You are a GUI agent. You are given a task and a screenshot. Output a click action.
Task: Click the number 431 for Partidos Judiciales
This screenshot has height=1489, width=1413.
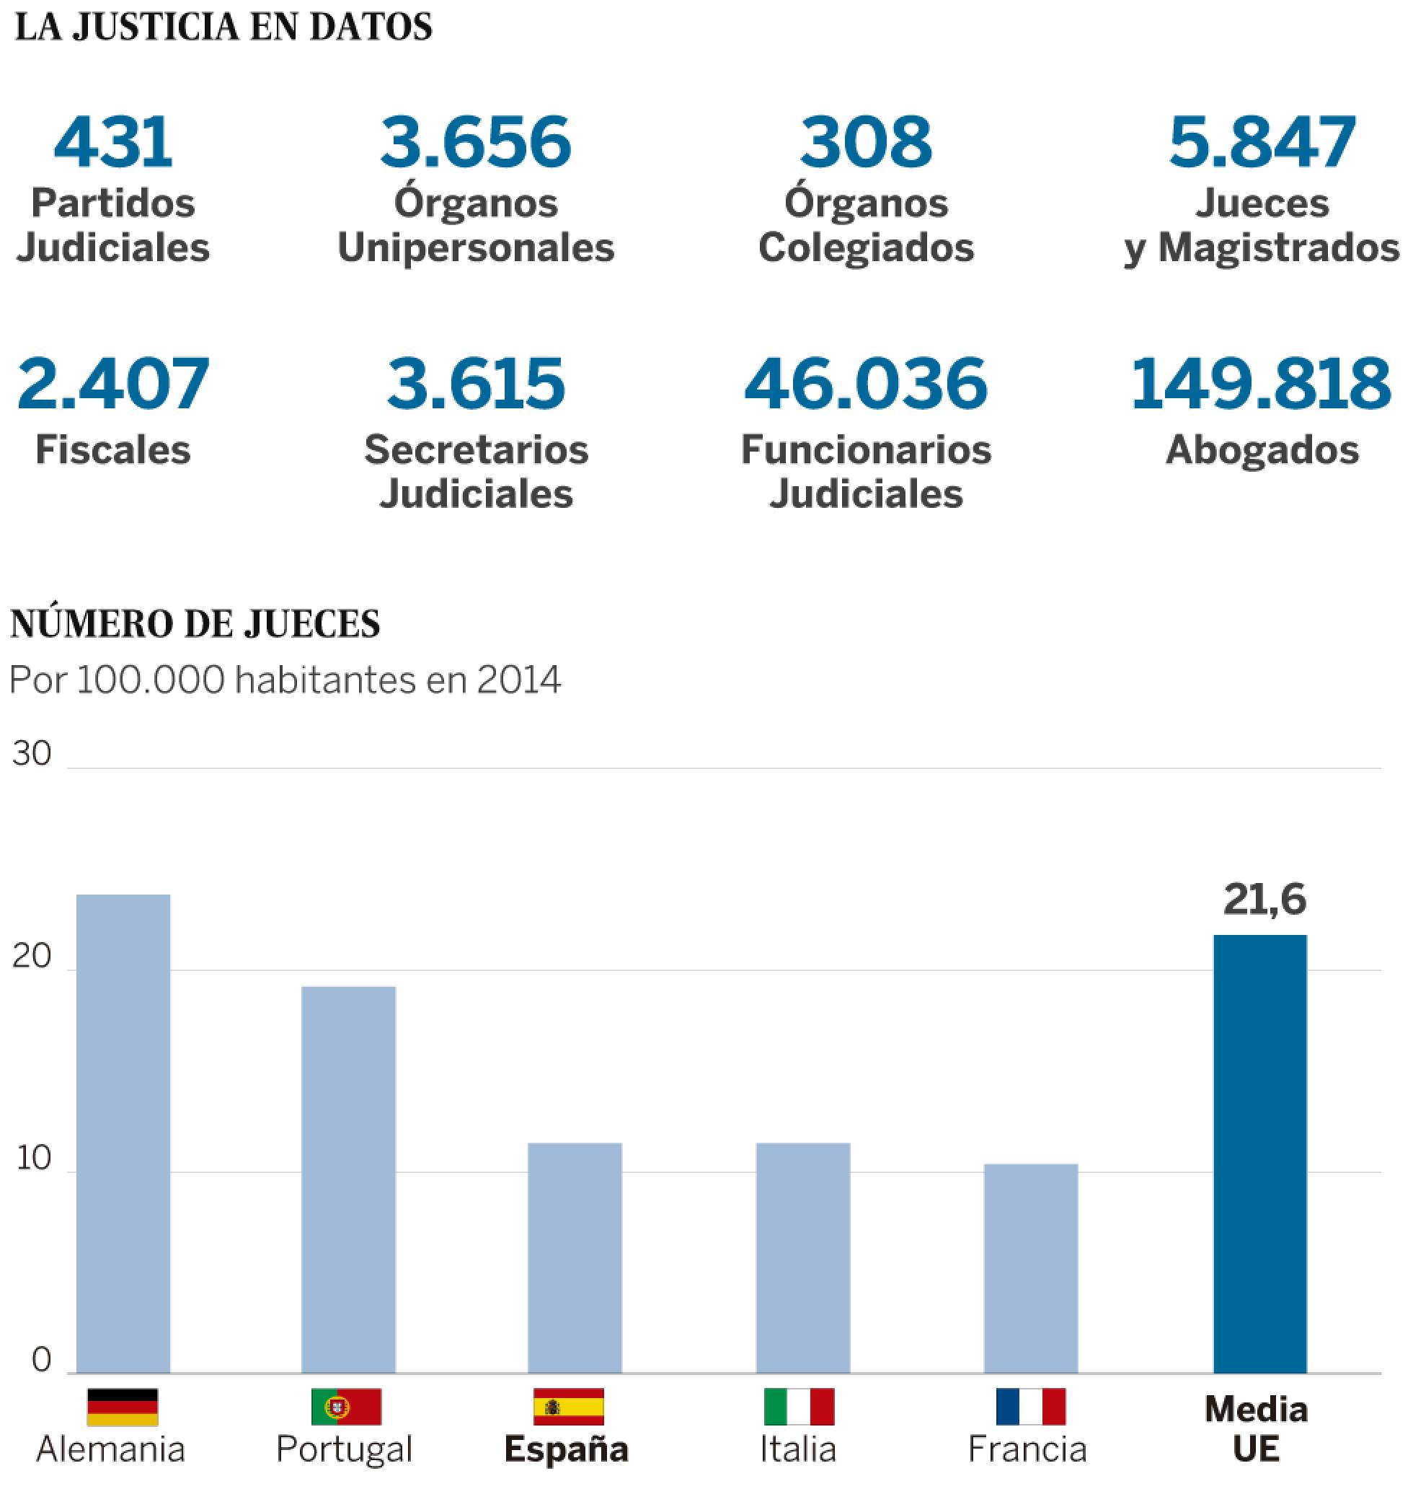tap(113, 142)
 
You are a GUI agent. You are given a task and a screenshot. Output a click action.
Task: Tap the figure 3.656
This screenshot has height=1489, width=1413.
tap(475, 142)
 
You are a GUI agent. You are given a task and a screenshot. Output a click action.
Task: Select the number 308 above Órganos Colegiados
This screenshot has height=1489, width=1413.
tap(865, 142)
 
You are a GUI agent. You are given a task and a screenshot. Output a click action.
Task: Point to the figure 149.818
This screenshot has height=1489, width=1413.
tap(1261, 385)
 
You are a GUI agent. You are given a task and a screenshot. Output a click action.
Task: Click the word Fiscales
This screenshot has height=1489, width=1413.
tap(113, 450)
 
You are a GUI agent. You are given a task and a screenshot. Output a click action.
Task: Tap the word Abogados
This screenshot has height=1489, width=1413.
tap(1262, 450)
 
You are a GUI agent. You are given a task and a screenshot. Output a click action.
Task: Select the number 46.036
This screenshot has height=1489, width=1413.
tap(865, 385)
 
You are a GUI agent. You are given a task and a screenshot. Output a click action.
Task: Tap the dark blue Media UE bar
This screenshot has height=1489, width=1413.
tap(1259, 1154)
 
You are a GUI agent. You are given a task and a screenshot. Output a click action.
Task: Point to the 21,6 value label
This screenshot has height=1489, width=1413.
tap(1264, 900)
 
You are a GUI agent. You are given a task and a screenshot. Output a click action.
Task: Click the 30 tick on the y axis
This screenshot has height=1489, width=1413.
tap(32, 755)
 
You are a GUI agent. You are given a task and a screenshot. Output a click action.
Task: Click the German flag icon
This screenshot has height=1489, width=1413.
tap(123, 1407)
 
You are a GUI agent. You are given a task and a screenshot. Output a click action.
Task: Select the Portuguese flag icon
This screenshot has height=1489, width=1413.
tap(347, 1407)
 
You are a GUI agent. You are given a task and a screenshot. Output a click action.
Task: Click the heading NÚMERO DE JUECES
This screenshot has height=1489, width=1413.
tap(196, 624)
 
